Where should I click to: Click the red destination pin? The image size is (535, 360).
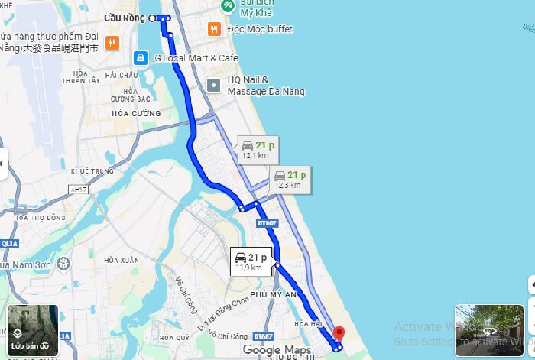click(339, 333)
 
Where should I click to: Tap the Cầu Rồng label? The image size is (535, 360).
click(124, 17)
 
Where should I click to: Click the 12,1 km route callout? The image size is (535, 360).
click(257, 149)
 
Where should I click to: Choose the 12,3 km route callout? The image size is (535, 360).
click(289, 179)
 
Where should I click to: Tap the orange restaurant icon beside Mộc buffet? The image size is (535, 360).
click(215, 29)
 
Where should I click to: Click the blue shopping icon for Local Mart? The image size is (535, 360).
click(140, 57)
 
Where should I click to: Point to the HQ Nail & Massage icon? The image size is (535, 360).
click(215, 85)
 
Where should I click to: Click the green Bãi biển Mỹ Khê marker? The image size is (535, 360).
click(227, 6)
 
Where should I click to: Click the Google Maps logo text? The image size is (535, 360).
click(273, 350)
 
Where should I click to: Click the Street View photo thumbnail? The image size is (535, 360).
click(489, 331)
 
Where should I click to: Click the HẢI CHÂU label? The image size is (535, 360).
click(122, 75)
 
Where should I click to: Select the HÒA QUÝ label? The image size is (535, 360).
click(174, 337)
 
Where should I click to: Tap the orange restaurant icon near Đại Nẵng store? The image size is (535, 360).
click(112, 42)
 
